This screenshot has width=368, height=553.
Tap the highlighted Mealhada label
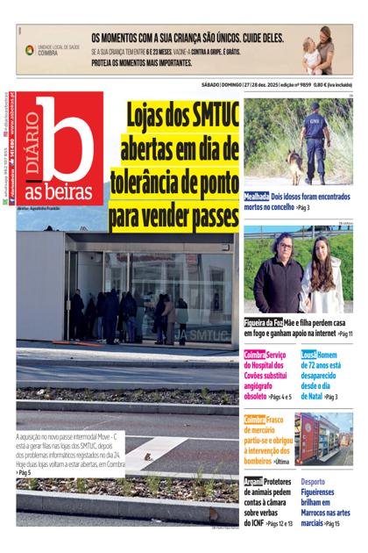click(x=256, y=197)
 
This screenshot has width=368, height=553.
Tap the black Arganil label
click(x=253, y=482)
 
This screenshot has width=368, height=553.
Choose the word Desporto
click(x=313, y=482)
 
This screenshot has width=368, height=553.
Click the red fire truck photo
click(x=323, y=438)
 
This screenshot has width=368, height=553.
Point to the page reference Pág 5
click(x=24, y=472)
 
